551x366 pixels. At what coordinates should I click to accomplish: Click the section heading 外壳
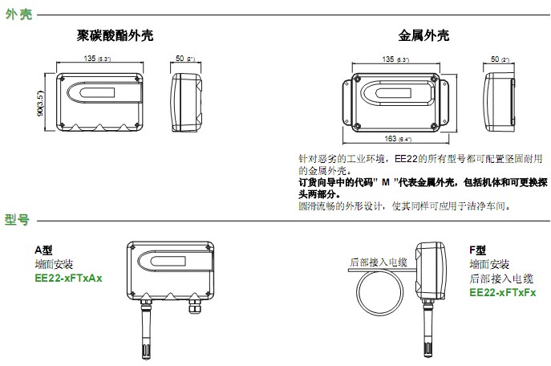point(18,14)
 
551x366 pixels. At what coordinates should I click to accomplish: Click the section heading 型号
point(18,218)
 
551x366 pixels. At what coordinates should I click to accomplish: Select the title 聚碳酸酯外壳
point(115,36)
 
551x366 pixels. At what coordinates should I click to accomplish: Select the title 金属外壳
point(423,36)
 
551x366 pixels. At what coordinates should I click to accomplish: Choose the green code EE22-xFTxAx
point(68,278)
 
